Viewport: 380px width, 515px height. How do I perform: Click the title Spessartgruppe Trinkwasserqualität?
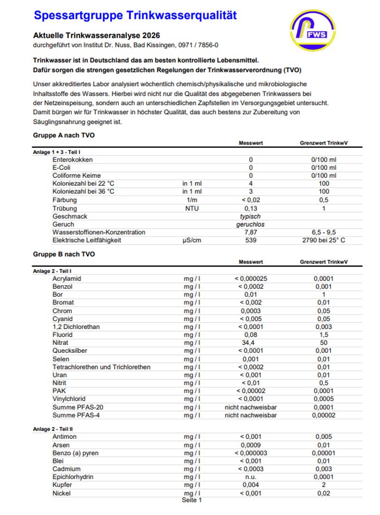coord(135,15)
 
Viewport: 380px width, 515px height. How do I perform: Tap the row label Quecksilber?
coord(70,351)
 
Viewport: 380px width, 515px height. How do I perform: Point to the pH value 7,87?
coord(250,232)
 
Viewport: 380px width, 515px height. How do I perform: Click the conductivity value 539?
coord(250,240)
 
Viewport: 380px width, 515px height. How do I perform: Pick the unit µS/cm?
coord(192,240)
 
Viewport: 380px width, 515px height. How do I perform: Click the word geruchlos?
coord(250,224)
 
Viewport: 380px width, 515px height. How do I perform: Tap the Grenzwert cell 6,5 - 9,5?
coord(323,232)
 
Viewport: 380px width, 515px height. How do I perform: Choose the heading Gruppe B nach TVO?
coord(64,254)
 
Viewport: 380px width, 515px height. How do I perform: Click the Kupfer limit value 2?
coord(323,485)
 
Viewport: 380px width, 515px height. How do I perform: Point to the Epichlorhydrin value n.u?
coord(250,477)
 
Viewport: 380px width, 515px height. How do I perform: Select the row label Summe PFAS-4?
coord(76,415)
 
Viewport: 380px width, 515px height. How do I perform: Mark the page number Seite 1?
coord(192,500)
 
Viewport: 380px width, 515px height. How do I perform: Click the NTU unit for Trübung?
coord(192,208)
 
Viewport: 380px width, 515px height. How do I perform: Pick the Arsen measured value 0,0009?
coord(250,445)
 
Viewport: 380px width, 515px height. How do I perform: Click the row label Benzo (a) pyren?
coord(76,453)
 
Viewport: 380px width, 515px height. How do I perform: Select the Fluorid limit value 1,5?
coord(323,335)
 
